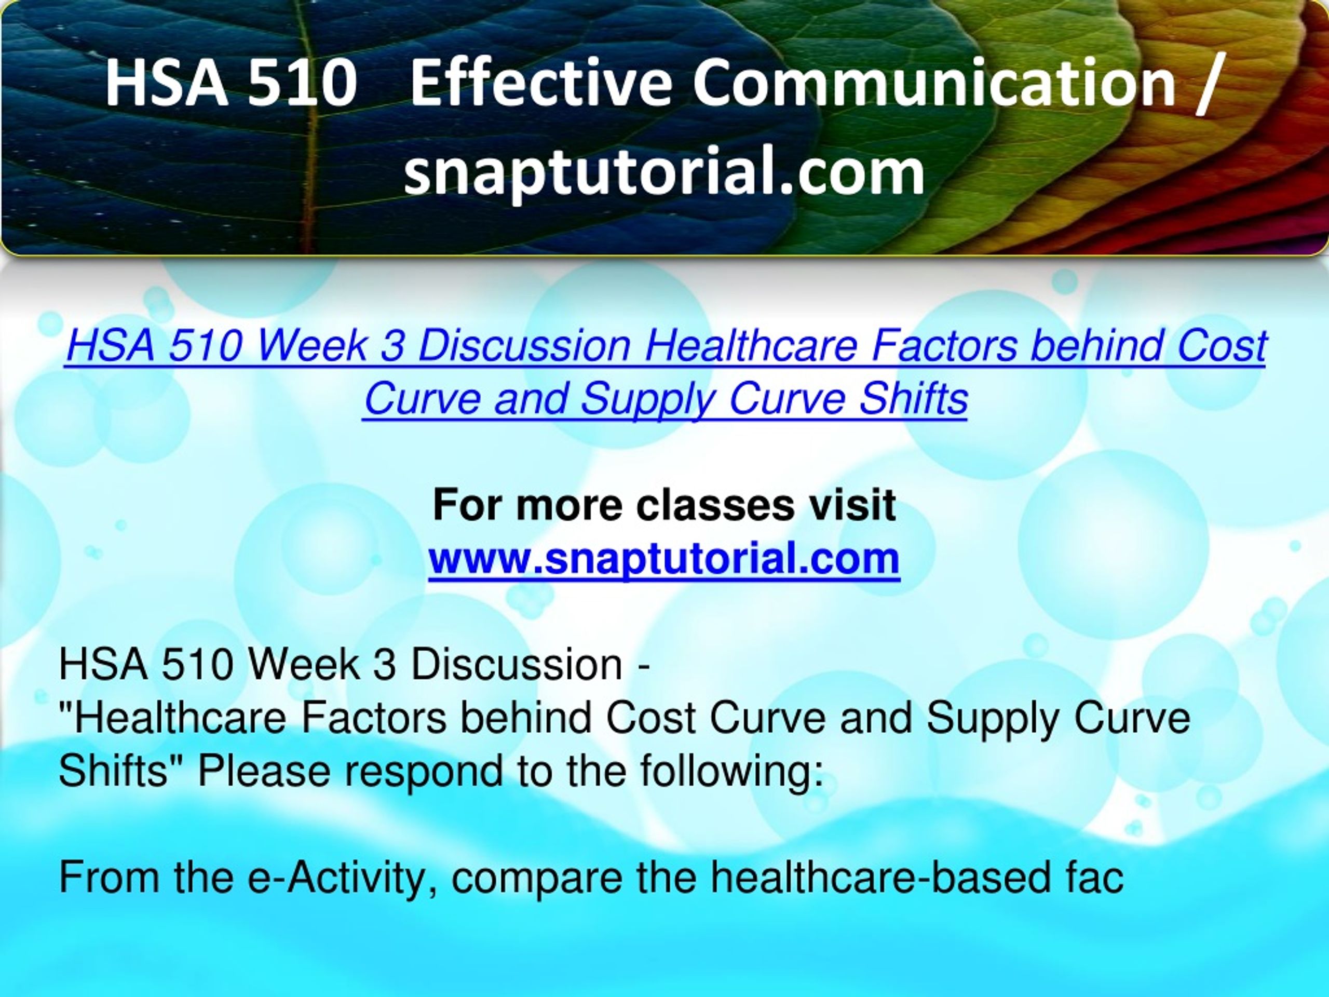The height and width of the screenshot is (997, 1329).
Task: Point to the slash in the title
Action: coord(1210,84)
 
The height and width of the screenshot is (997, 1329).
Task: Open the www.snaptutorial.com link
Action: coord(664,559)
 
